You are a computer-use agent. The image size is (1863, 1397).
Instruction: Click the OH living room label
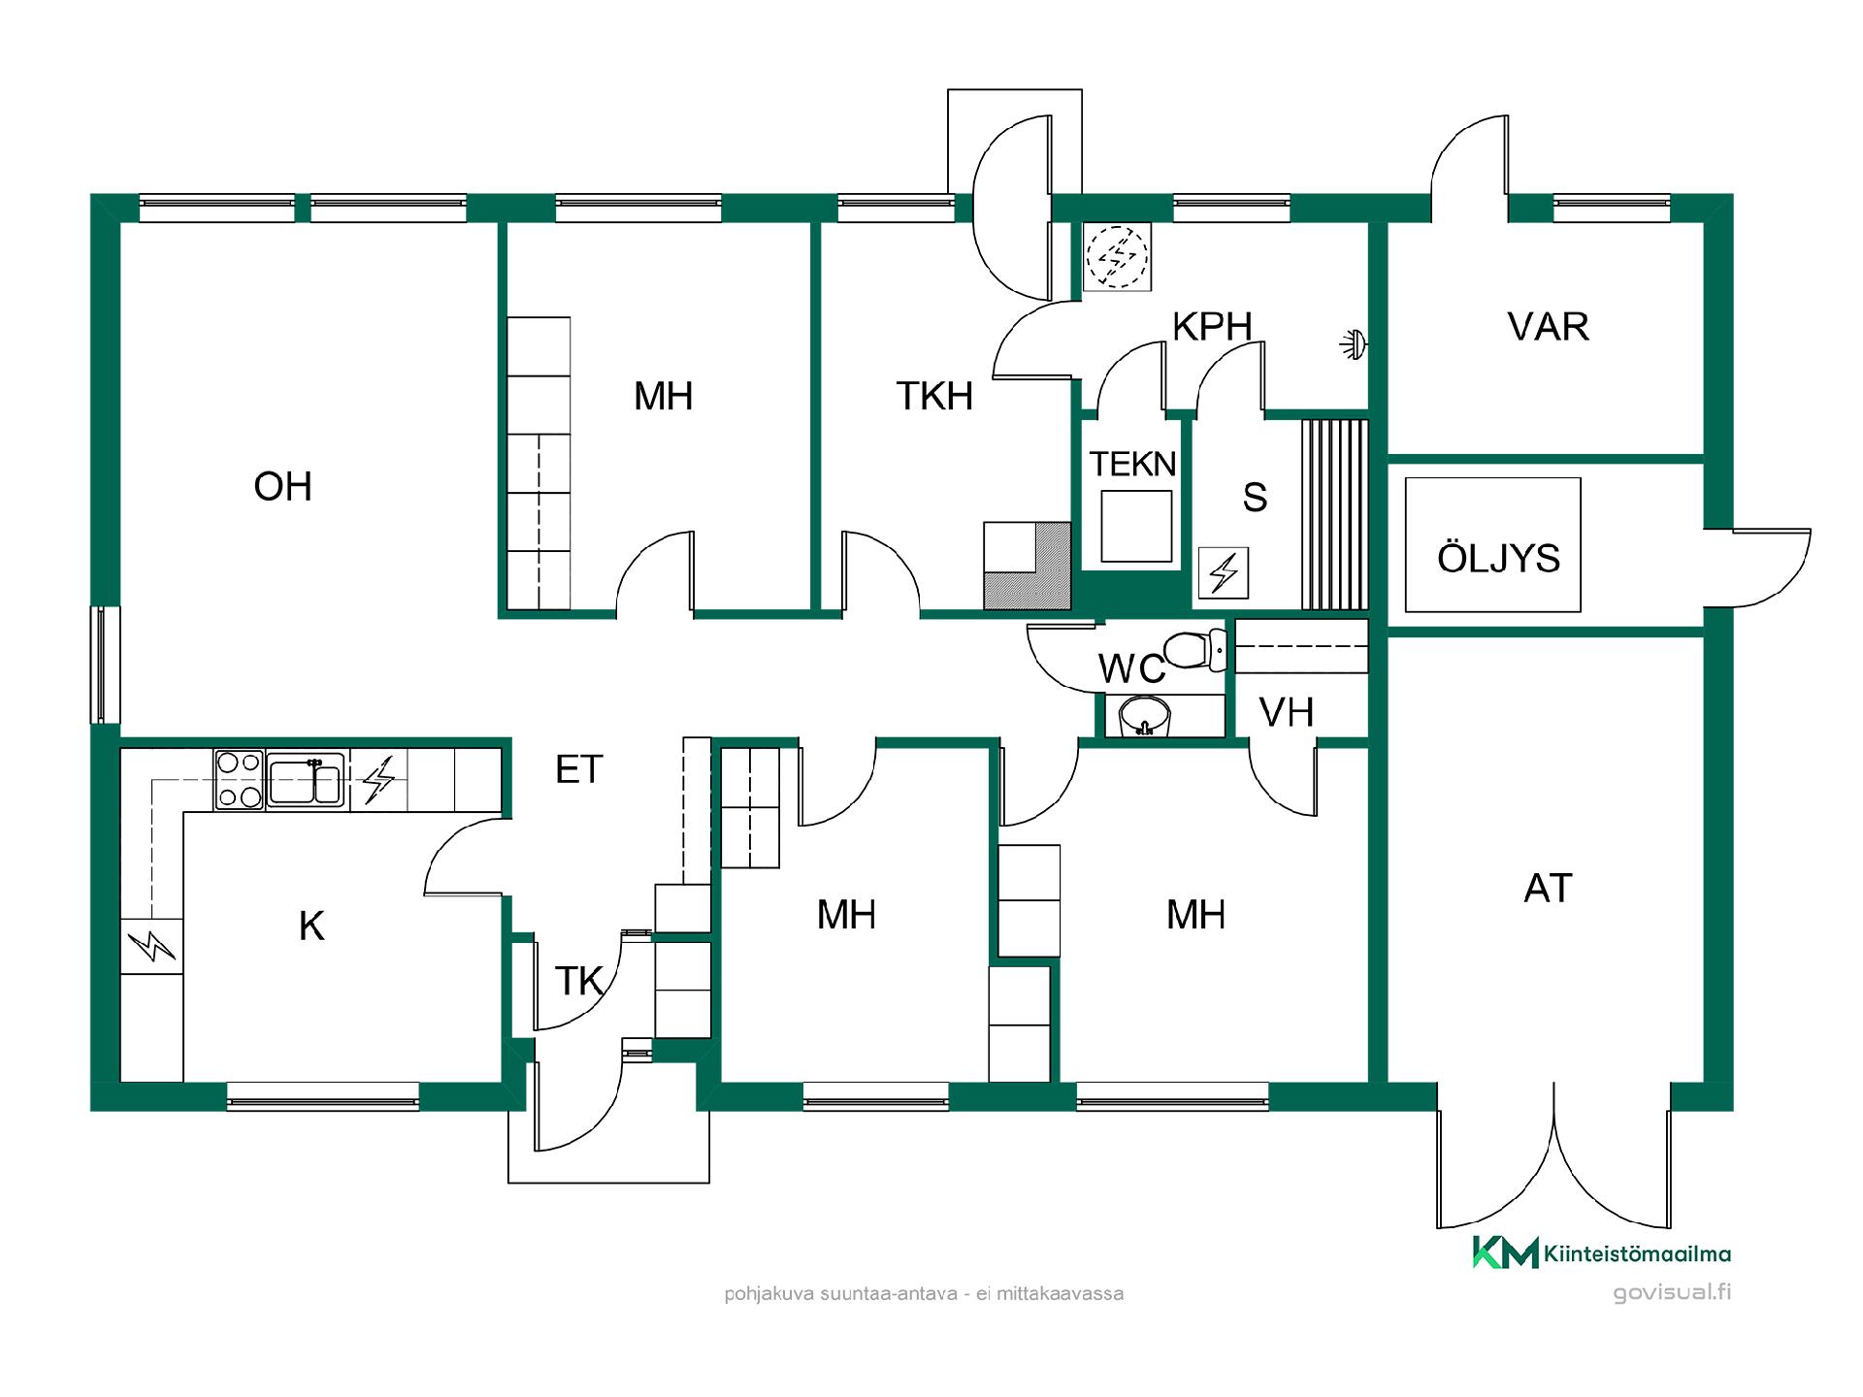[282, 487]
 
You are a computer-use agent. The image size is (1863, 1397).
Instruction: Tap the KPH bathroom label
[1212, 327]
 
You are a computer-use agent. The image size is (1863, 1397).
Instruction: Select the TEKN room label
[1132, 465]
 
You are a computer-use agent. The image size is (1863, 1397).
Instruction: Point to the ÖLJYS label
[1498, 558]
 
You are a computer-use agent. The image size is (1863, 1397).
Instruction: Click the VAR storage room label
[1549, 327]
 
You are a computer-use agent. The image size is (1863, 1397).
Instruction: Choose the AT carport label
[1548, 889]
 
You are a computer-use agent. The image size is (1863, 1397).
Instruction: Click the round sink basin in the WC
[1146, 716]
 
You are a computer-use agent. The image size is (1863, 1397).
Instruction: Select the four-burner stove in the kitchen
[240, 779]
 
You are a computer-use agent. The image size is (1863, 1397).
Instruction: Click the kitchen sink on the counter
[306, 779]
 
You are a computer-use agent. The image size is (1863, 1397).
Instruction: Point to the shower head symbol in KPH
[1353, 343]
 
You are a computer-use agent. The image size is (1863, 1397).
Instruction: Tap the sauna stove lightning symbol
[1225, 572]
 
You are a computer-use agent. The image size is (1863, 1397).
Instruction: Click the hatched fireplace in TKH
[1028, 566]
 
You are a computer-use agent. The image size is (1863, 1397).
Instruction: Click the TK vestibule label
[579, 981]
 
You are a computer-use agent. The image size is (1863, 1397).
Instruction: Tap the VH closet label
[1287, 713]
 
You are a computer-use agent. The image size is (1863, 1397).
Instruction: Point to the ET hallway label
[579, 769]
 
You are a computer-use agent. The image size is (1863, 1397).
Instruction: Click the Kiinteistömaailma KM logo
[1602, 1252]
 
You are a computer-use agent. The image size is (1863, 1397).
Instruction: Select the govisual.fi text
[1672, 1292]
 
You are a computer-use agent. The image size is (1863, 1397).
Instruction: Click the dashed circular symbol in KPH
[1117, 257]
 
